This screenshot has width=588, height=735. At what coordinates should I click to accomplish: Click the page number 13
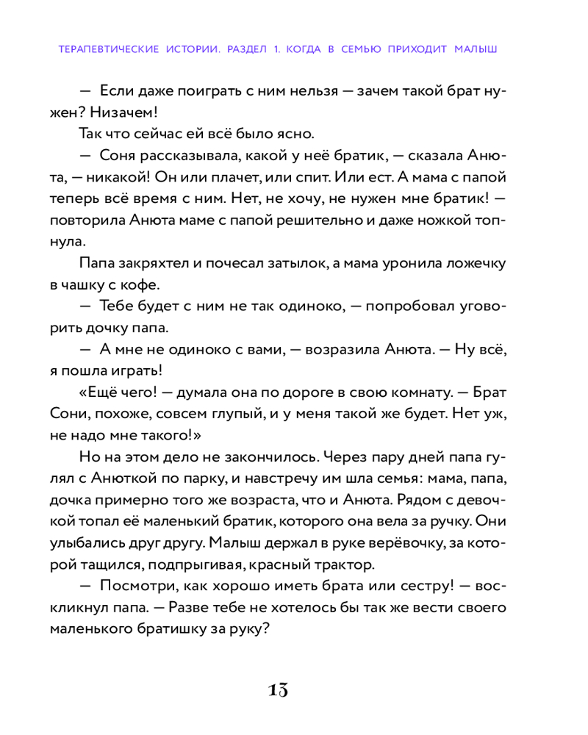[278, 690]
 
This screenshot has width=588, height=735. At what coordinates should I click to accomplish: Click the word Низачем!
[129, 113]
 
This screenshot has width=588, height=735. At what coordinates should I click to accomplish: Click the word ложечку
[472, 263]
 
